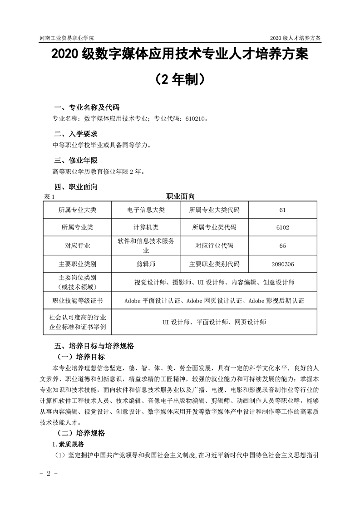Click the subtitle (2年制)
pyautogui.click(x=180, y=80)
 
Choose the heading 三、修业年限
pyautogui.click(x=75, y=160)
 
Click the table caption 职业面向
pyautogui.click(x=180, y=196)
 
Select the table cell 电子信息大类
pyautogui.click(x=146, y=210)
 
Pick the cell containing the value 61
pyautogui.click(x=282, y=210)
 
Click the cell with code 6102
pyautogui.click(x=282, y=228)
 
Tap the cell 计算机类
pyautogui.click(x=146, y=228)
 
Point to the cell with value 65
pyautogui.click(x=282, y=245)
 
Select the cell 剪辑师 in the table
pyautogui.click(x=146, y=264)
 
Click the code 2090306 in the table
pyautogui.click(x=282, y=264)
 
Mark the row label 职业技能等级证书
pyautogui.click(x=78, y=300)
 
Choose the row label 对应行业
pyautogui.click(x=78, y=245)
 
